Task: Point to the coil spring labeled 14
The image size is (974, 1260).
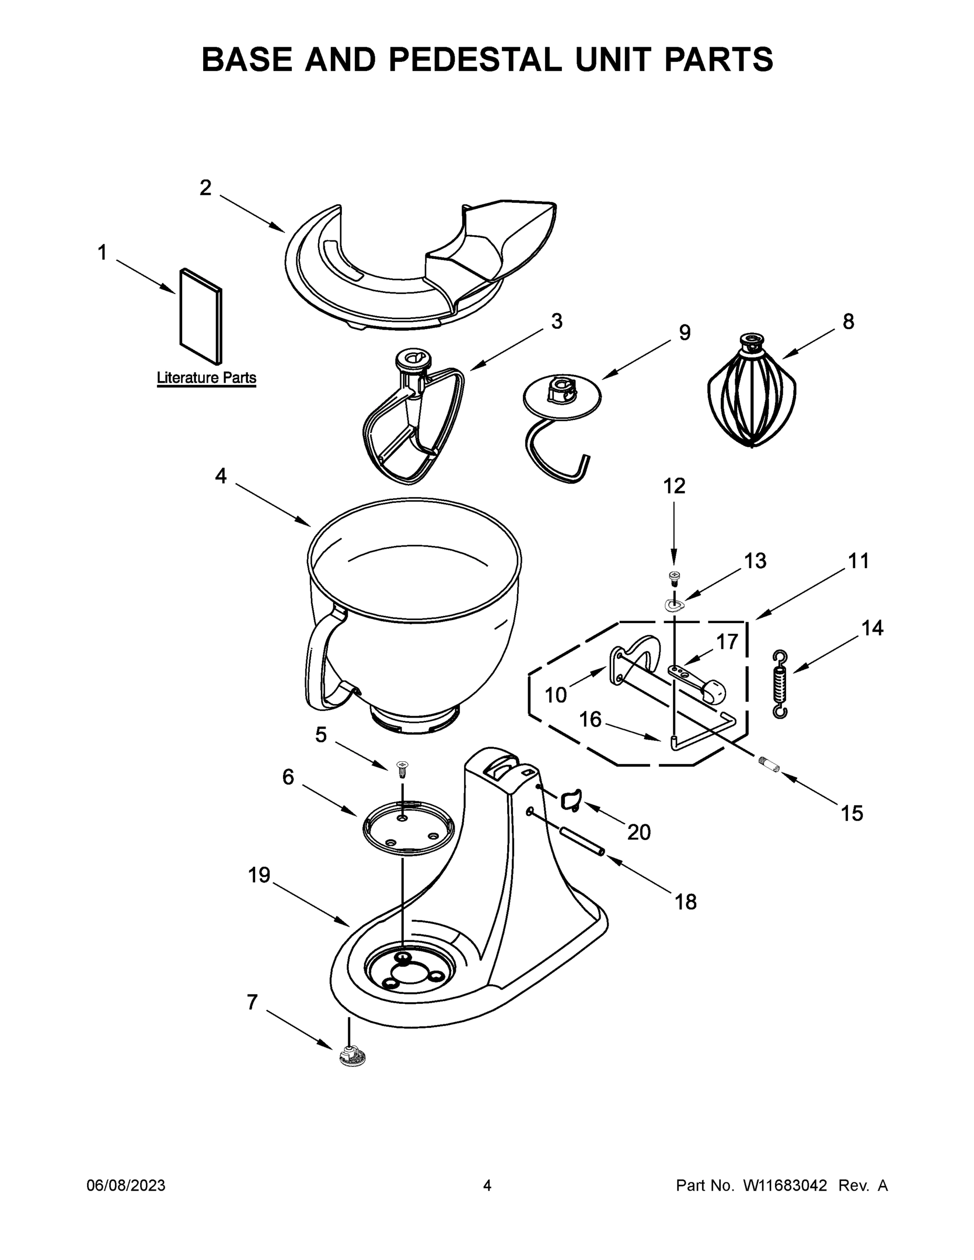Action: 780,684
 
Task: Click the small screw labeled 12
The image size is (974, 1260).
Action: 673,576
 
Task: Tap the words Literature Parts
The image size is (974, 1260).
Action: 206,378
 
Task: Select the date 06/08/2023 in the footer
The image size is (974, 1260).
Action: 126,1185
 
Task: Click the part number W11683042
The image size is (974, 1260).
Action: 785,1185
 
